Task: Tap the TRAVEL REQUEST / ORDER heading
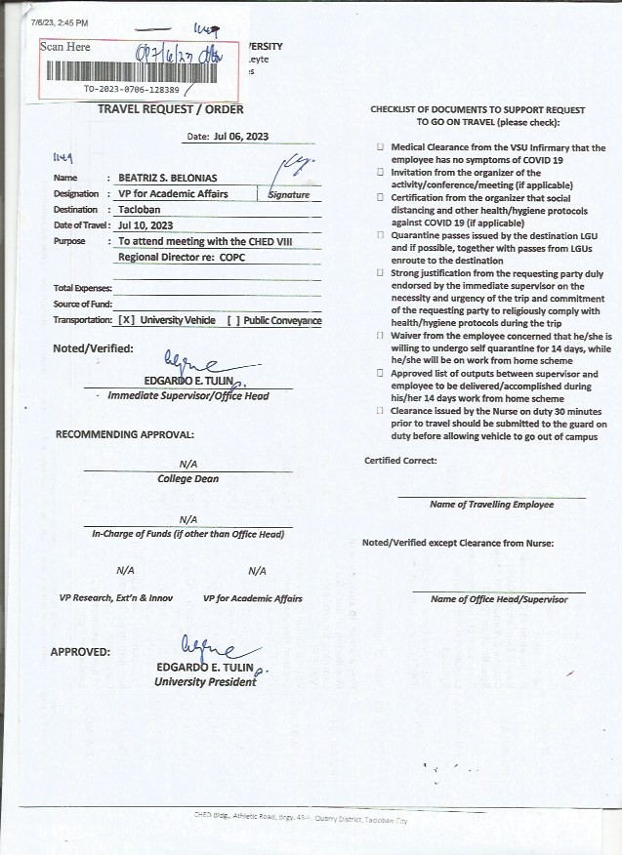tap(171, 109)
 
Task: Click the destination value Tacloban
tap(140, 209)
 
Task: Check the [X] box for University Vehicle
tap(126, 320)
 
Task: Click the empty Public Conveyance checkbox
tap(232, 320)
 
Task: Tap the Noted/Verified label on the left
tap(94, 348)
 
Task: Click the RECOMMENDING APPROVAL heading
tap(124, 433)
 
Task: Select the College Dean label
tap(187, 479)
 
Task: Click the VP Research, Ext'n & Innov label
tap(116, 598)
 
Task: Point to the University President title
tap(205, 681)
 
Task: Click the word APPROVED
tap(80, 651)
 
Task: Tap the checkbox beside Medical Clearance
tap(381, 147)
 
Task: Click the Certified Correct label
tap(400, 461)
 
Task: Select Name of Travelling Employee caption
tap(491, 505)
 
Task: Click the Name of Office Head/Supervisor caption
tap(498, 599)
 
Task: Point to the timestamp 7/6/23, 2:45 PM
tap(59, 21)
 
